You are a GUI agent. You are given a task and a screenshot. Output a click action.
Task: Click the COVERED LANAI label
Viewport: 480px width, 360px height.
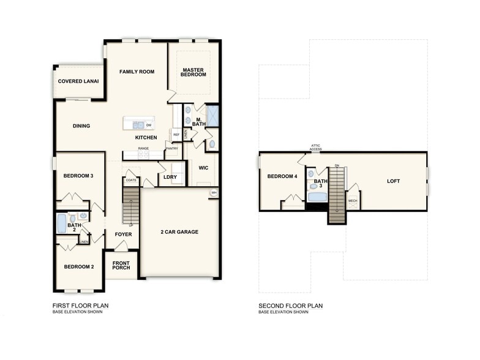pyautogui.click(x=78, y=81)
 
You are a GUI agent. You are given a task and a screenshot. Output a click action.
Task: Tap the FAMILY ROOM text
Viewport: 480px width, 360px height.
pyautogui.click(x=137, y=72)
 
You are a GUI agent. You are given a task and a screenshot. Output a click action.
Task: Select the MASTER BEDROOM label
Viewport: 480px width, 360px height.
pyautogui.click(x=193, y=72)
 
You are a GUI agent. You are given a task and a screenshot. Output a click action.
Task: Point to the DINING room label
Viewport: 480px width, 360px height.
pyautogui.click(x=81, y=126)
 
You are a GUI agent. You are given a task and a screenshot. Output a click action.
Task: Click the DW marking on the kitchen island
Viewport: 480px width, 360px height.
pyautogui.click(x=149, y=125)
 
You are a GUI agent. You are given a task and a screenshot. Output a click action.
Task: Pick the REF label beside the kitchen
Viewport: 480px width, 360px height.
pyautogui.click(x=176, y=135)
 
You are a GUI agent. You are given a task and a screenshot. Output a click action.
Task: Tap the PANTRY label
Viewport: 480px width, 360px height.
pyautogui.click(x=171, y=148)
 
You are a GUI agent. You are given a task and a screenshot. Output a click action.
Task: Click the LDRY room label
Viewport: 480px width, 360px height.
pyautogui.click(x=170, y=177)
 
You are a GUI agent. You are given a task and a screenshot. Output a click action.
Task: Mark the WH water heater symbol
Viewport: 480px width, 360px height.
pyautogui.click(x=214, y=193)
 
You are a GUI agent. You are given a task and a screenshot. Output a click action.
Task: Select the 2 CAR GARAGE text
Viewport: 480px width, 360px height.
pyautogui.click(x=180, y=232)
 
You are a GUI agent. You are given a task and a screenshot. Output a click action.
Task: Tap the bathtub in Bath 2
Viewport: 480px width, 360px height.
pyautogui.click(x=61, y=224)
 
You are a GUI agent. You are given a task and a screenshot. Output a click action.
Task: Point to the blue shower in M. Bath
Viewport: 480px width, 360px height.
pyautogui.click(x=213, y=115)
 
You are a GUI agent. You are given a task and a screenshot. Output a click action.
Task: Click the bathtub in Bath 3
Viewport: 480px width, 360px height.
pyautogui.click(x=317, y=197)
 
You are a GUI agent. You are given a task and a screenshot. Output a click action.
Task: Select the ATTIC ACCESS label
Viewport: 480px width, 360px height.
pyautogui.click(x=315, y=147)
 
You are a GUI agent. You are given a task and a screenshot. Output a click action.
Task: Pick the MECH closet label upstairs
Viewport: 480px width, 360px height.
pyautogui.click(x=353, y=200)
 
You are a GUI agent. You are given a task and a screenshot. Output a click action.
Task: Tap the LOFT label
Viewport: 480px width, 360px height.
pyautogui.click(x=394, y=181)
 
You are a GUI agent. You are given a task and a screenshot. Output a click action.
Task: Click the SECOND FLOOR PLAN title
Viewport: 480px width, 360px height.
pyautogui.click(x=290, y=306)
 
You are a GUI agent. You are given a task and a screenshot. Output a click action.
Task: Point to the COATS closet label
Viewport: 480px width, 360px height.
pyautogui.click(x=130, y=181)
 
